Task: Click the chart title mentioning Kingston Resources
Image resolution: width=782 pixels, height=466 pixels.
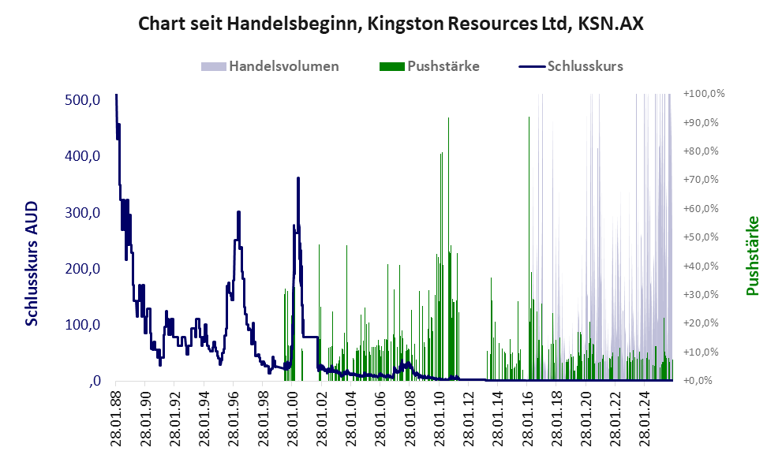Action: click(x=391, y=24)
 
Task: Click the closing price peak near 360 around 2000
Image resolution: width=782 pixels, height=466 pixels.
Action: click(x=297, y=179)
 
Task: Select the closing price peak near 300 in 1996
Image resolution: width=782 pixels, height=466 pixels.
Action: click(x=239, y=212)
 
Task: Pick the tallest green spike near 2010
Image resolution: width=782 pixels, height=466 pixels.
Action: click(x=448, y=118)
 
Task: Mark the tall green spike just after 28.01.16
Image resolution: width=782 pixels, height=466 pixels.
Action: click(x=529, y=117)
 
